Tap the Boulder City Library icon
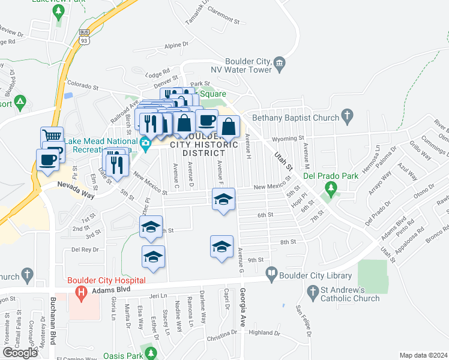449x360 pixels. coord(271,274)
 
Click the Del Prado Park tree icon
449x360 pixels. coord(329,191)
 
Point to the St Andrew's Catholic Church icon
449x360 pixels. coord(312,293)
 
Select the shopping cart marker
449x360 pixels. coord(52,137)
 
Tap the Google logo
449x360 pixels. coord(20,352)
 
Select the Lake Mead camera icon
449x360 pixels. coord(145,143)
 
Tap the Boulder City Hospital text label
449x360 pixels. coord(106,280)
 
